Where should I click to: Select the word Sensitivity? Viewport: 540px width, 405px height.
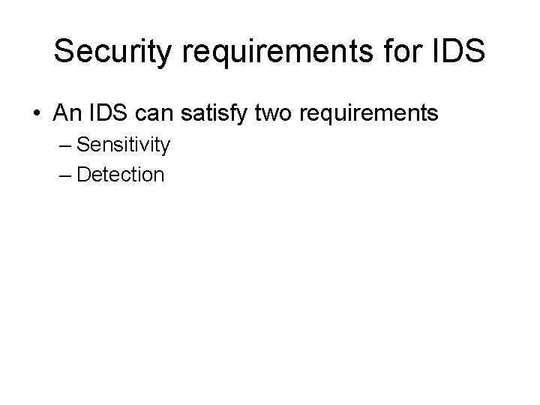[124, 145]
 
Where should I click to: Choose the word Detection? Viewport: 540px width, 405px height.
[120, 175]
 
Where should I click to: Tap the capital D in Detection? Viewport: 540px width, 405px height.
[82, 175]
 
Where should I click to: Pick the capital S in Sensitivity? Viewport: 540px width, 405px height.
[82, 144]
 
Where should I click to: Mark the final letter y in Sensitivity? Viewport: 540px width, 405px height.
[165, 146]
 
